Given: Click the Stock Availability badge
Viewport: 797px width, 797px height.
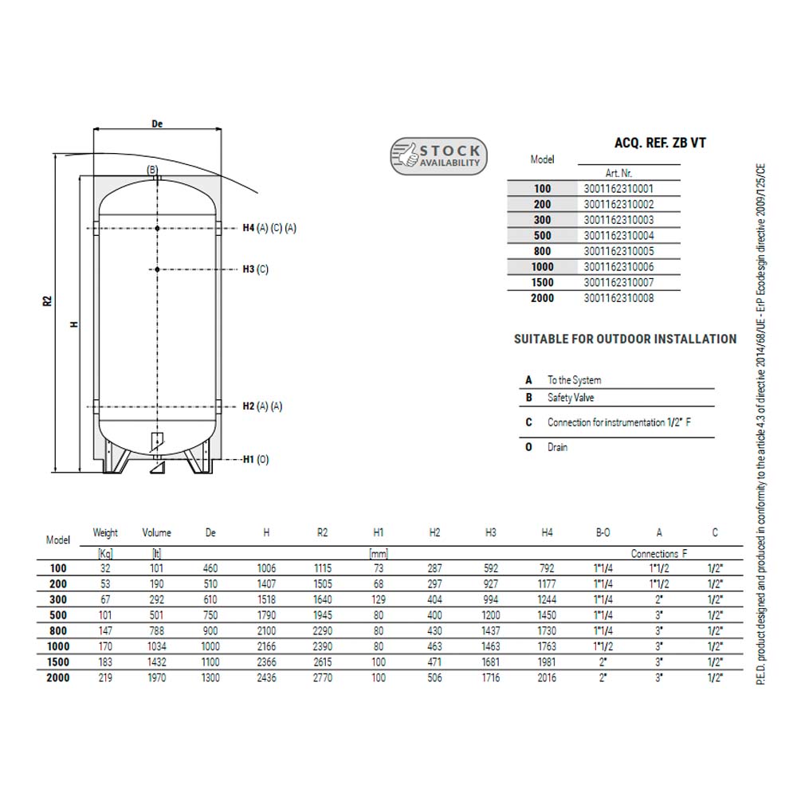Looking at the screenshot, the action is pyautogui.click(x=438, y=156).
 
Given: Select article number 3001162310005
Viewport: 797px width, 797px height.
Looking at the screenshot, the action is pyautogui.click(x=618, y=251).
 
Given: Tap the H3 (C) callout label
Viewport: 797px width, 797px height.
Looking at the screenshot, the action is pyautogui.click(x=255, y=269).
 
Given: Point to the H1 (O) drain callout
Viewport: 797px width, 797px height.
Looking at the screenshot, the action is pyautogui.click(x=256, y=460).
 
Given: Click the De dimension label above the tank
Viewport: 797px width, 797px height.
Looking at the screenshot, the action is pyautogui.click(x=157, y=124).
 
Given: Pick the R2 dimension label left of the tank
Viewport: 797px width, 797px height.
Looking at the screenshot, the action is pyautogui.click(x=47, y=301).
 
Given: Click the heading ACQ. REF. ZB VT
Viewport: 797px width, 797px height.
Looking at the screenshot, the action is pyautogui.click(x=660, y=143).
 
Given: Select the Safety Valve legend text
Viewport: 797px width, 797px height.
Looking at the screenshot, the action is pyautogui.click(x=571, y=398).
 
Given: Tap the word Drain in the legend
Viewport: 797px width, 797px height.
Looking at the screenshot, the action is pyautogui.click(x=557, y=447).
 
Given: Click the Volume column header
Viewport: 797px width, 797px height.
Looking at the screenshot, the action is pyautogui.click(x=156, y=532).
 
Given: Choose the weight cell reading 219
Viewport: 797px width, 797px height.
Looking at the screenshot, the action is pyautogui.click(x=105, y=677).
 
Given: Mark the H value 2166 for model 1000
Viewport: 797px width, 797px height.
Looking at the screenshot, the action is pyautogui.click(x=266, y=646).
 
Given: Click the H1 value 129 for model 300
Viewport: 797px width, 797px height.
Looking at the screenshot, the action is pyautogui.click(x=379, y=600).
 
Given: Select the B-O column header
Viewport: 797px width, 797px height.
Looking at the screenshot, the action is pyautogui.click(x=603, y=532).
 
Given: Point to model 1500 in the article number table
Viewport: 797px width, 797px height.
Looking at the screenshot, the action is pyautogui.click(x=542, y=283).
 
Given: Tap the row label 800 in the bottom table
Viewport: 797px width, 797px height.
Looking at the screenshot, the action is pyautogui.click(x=58, y=630).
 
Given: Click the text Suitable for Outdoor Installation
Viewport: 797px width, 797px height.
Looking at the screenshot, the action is pyautogui.click(x=625, y=339).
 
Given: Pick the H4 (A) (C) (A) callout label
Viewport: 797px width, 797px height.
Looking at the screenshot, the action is pyautogui.click(x=269, y=228).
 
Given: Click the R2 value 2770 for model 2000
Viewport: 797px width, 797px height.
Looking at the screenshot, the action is pyautogui.click(x=322, y=677).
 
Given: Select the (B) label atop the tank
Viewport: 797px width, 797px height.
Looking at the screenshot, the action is pyautogui.click(x=152, y=170).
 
